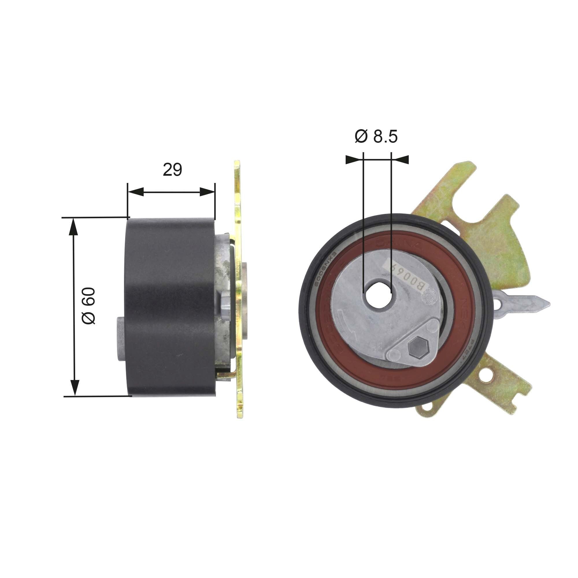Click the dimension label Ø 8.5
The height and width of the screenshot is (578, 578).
coord(376,137)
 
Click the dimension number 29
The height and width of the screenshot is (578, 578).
coord(172,170)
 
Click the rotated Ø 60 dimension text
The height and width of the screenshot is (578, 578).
coord(89,307)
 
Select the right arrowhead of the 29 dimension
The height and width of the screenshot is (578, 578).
coord(207,192)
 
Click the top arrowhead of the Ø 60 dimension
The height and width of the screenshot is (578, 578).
coord(74,226)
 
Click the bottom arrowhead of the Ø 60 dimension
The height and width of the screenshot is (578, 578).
coord(74,388)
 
